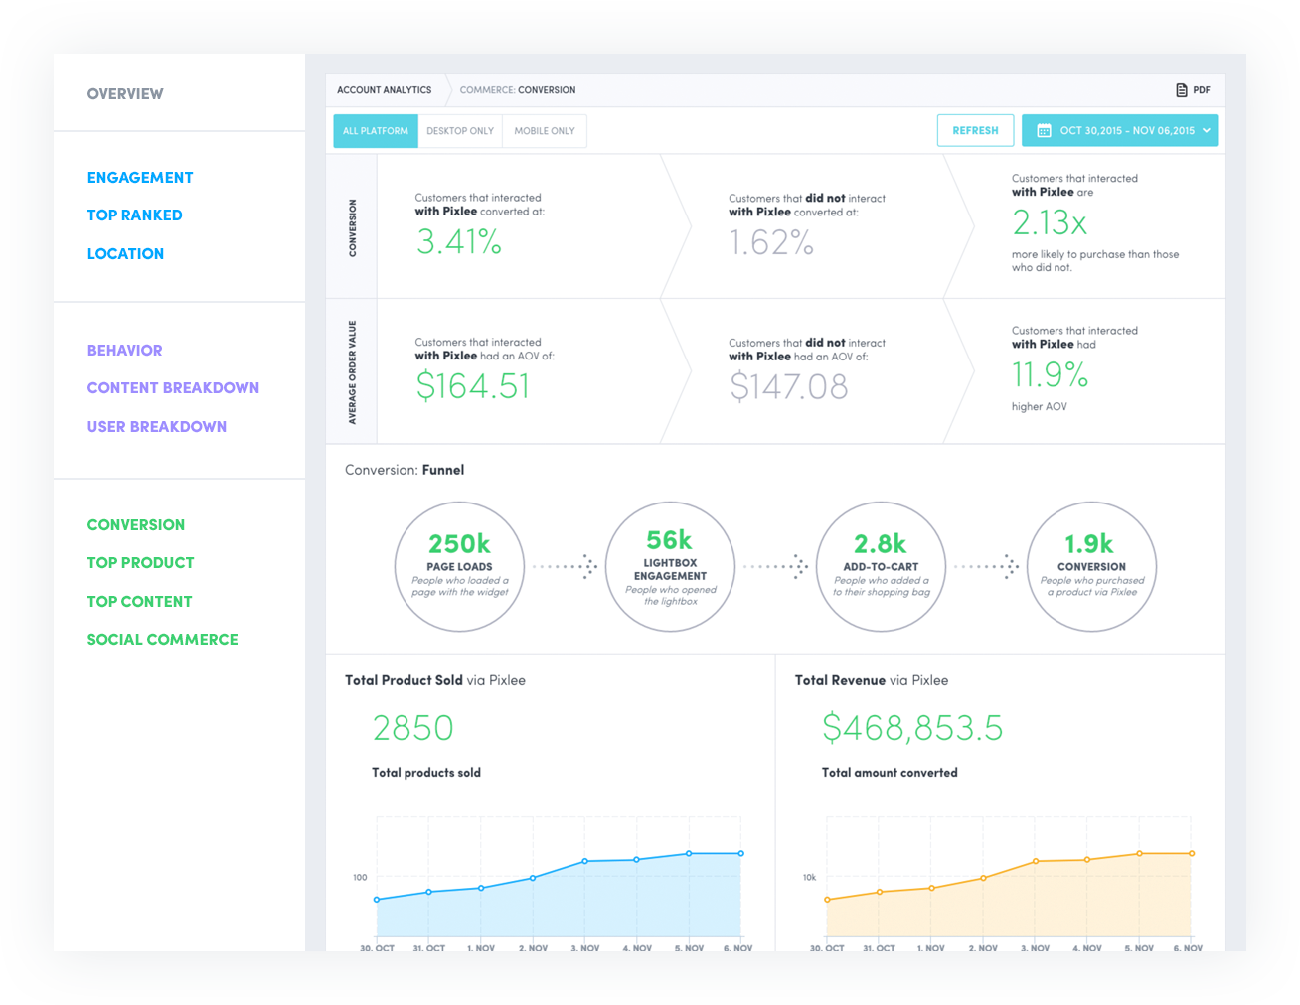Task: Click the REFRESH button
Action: [975, 130]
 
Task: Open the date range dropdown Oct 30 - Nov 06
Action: [1119, 130]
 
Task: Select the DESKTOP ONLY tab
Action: [460, 131]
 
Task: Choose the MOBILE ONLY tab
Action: [545, 131]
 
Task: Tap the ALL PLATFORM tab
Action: [376, 131]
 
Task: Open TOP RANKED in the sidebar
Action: [134, 215]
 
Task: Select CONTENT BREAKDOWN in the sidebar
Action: [173, 388]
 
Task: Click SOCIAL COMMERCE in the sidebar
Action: [162, 640]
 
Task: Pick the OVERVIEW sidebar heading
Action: [125, 94]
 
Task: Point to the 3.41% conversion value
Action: [458, 241]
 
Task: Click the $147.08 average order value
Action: [788, 386]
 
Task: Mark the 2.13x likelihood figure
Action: [1050, 223]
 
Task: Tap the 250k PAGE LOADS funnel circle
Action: [459, 566]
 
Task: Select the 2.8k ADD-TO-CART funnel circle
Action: [881, 566]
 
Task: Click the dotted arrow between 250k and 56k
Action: [565, 566]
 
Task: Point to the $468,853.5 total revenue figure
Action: [911, 728]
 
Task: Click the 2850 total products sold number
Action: [412, 728]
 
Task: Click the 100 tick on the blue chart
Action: [360, 877]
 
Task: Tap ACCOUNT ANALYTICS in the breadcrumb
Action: [384, 90]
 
